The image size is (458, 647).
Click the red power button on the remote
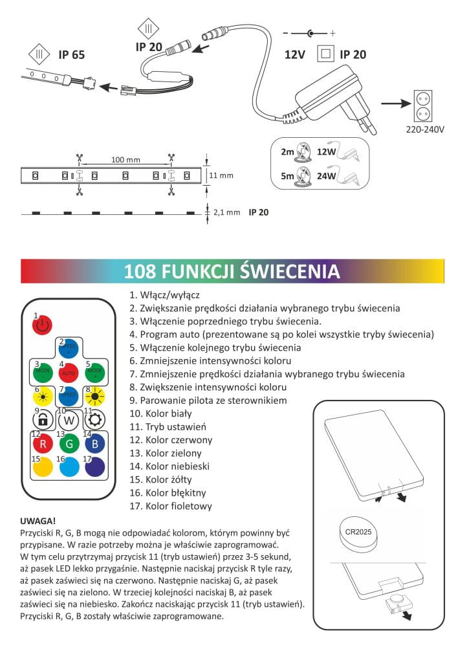coord(42,324)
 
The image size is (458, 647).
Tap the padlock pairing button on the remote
coord(42,420)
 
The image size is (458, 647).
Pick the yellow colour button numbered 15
coord(42,467)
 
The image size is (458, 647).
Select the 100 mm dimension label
coord(125,160)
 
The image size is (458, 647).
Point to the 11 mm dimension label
coord(221,175)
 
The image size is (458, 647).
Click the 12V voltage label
coord(294,54)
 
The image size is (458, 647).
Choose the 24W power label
coord(327,175)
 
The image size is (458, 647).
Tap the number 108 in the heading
coord(138,270)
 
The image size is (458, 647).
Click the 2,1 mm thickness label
coord(226,212)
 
